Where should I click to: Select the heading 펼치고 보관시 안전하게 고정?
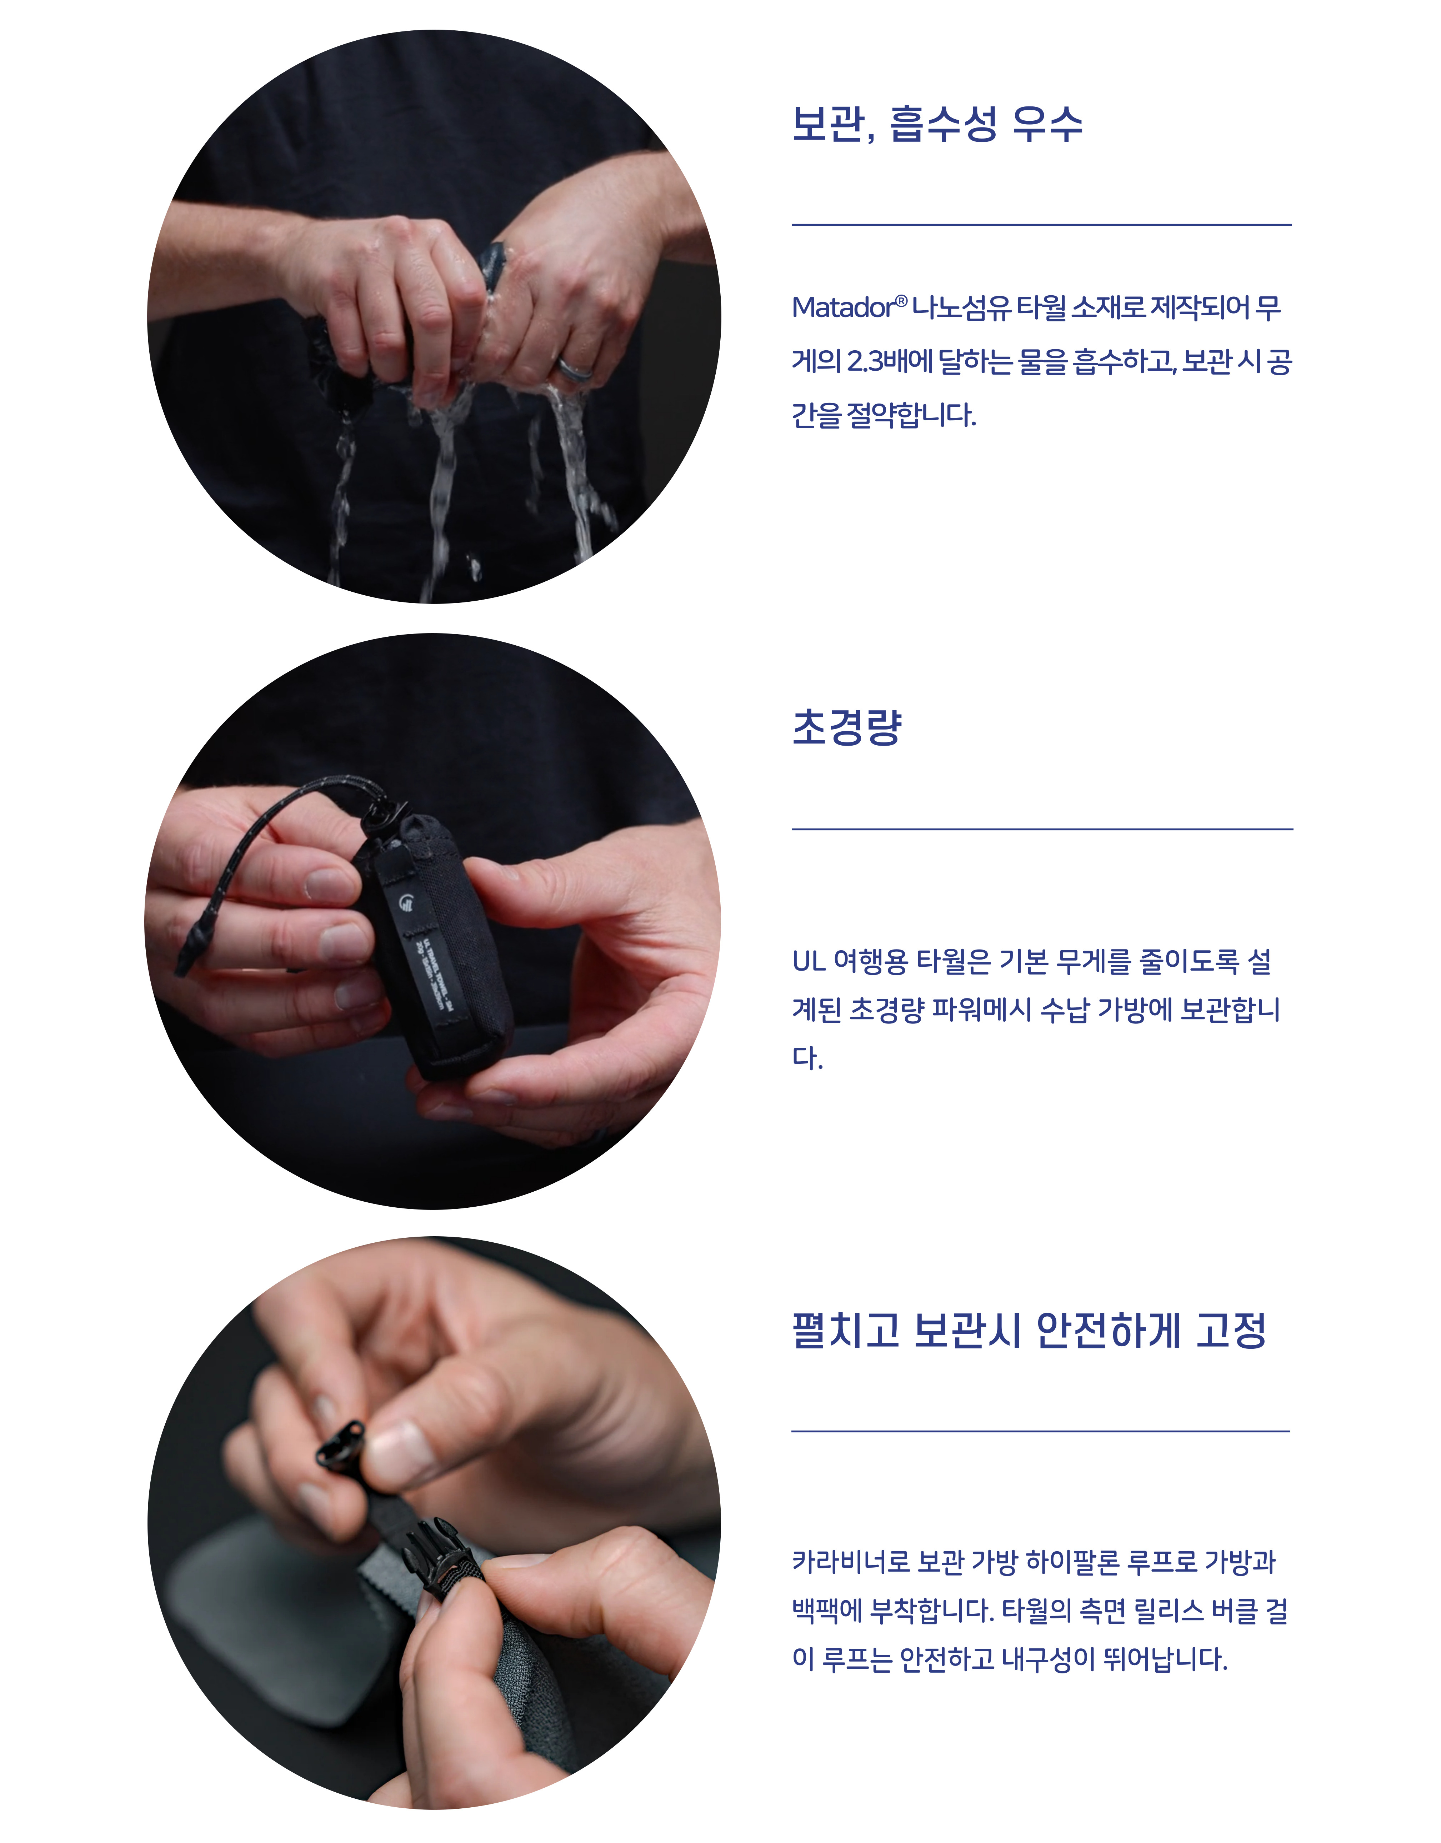1029,1331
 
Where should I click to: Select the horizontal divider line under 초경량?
1042,829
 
